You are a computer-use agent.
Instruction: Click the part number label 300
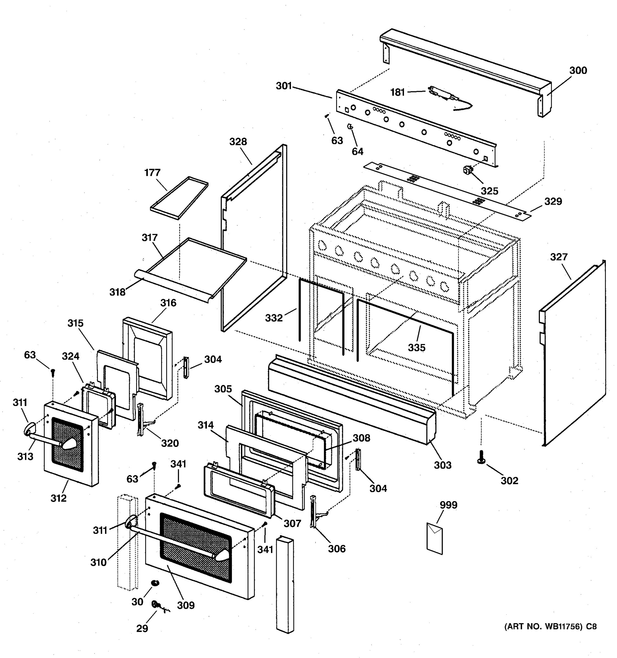578,70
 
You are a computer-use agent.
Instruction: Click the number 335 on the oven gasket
417,348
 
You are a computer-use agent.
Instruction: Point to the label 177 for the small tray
152,173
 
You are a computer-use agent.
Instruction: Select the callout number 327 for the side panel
559,257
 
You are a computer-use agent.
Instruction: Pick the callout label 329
553,201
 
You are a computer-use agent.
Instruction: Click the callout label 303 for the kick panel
443,465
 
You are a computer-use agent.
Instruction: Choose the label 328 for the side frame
238,142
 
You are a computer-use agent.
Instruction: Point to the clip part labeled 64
350,126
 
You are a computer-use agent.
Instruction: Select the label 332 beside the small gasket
274,318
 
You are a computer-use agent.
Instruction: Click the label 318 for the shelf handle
118,292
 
